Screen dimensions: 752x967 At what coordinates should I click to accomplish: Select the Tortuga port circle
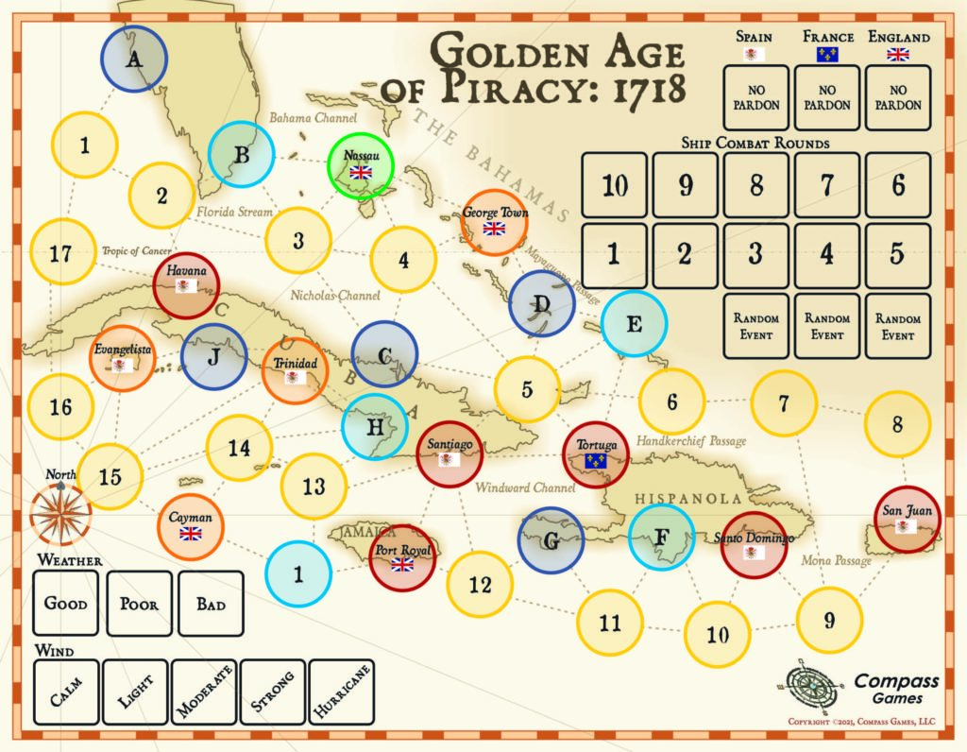tap(595, 453)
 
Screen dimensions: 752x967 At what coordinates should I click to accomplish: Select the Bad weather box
tap(211, 603)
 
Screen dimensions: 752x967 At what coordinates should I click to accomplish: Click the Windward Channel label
tap(519, 487)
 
